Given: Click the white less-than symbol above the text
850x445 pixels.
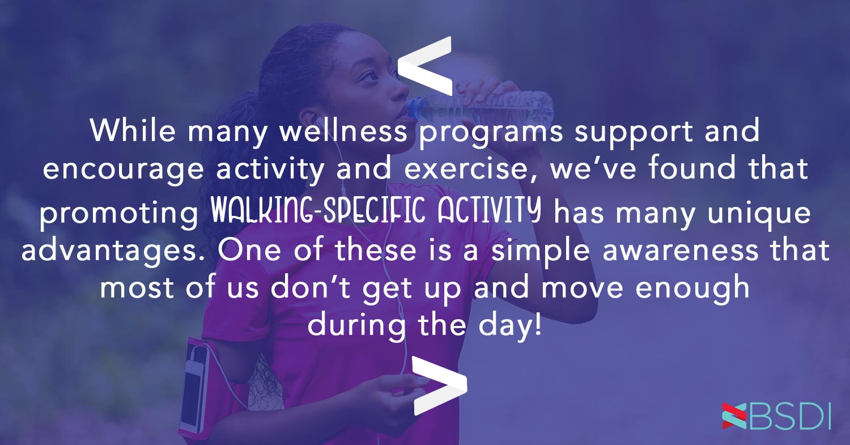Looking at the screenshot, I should pos(425,66).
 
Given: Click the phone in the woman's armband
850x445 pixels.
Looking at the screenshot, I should pos(191,385).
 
